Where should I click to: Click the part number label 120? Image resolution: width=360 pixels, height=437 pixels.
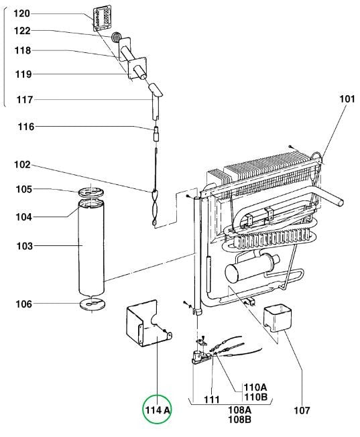(x=21, y=13)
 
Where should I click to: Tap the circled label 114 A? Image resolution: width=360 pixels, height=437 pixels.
(x=158, y=410)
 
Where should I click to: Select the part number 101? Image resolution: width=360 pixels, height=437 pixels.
(x=347, y=99)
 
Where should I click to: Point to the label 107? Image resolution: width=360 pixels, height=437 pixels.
(x=302, y=410)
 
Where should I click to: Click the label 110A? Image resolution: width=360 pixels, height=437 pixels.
(x=255, y=387)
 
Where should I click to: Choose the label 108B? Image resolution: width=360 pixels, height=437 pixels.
(x=240, y=419)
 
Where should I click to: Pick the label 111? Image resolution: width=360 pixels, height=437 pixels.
(x=212, y=399)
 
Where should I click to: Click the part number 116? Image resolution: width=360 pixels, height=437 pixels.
(x=26, y=127)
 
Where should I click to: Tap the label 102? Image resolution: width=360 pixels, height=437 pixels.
(x=22, y=164)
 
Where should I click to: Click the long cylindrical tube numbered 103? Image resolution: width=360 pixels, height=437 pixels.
(x=91, y=248)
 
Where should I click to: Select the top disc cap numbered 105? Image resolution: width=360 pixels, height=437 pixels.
(x=91, y=192)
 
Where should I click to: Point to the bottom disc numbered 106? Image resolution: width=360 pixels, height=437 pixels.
(x=93, y=304)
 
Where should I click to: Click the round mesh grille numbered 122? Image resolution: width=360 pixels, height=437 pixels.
(x=116, y=37)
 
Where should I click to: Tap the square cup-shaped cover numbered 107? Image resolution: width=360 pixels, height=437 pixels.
(x=278, y=318)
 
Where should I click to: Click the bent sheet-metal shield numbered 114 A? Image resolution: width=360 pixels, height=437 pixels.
(x=148, y=324)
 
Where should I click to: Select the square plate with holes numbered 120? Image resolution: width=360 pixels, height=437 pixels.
(x=102, y=18)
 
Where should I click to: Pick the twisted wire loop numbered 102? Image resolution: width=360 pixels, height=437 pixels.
(x=155, y=208)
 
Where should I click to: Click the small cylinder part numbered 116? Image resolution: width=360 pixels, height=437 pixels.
(x=156, y=134)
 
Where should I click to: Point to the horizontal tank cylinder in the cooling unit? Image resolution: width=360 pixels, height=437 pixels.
(x=251, y=267)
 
